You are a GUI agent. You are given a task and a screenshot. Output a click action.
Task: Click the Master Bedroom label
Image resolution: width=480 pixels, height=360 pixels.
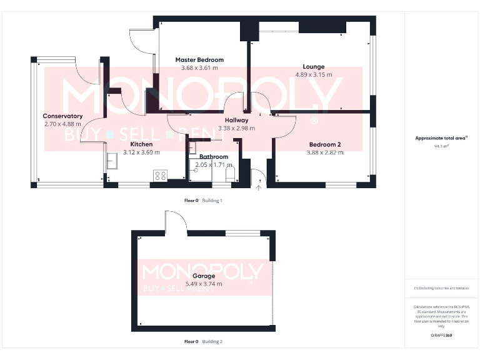(199, 60)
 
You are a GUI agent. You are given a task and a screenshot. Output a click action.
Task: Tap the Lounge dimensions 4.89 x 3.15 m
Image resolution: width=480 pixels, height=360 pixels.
(314, 74)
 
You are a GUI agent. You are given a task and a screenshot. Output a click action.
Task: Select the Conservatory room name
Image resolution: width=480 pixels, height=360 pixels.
(62, 116)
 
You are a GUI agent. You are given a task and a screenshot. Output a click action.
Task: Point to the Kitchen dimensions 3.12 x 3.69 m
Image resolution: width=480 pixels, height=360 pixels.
(141, 152)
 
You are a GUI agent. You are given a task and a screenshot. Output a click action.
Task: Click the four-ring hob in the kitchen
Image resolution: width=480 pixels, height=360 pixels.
(159, 176)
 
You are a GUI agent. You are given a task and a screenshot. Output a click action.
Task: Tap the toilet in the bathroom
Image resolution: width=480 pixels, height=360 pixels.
(229, 174)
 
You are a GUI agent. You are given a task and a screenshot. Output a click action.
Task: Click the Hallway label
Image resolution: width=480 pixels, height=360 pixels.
(237, 120)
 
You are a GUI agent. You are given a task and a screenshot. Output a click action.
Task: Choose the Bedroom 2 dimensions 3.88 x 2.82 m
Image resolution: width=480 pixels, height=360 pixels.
(325, 152)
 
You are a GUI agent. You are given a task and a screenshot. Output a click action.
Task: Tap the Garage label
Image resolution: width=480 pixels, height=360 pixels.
(204, 276)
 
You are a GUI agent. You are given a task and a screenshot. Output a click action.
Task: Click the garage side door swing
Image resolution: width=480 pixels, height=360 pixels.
(176, 222)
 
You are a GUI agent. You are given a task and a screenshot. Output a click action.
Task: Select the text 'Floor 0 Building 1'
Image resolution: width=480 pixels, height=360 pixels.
(203, 201)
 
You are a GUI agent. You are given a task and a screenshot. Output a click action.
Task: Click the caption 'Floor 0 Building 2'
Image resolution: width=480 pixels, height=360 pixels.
(203, 342)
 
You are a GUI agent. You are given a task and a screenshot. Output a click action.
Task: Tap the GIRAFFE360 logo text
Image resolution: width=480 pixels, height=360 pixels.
(441, 336)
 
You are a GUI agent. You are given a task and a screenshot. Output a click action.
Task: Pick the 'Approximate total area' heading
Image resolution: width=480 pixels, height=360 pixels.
(441, 138)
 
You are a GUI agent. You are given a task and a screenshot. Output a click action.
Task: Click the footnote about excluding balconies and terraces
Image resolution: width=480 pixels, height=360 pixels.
(441, 288)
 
